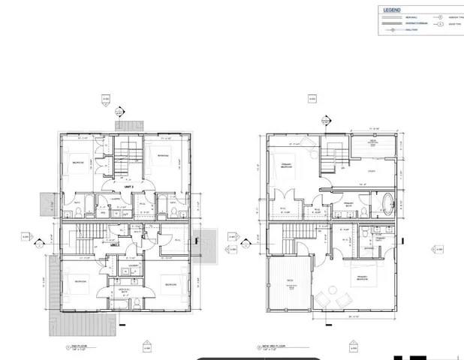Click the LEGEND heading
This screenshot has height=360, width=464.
click(391, 10)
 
